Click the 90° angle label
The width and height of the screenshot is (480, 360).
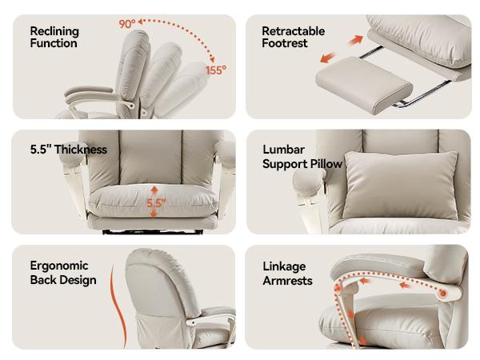pos(127,24)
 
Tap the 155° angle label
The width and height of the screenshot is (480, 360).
pos(216,70)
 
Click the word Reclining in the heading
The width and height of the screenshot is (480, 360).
pos(54,31)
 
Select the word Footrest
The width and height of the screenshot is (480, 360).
pos(284,43)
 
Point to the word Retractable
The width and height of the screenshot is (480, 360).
pos(294,31)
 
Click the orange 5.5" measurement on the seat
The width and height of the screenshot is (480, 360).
pos(156,203)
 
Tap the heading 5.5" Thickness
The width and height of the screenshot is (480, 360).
pos(69,150)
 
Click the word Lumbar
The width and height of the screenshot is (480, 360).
pos(283,150)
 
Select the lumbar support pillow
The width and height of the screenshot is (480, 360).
pos(401,185)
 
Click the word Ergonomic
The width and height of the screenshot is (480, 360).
pos(59,266)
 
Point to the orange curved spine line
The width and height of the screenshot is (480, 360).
pos(118,306)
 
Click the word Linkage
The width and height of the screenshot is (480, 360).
pos(284,266)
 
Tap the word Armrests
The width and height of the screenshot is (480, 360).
pos(287,281)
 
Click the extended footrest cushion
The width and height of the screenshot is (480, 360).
pos(364,84)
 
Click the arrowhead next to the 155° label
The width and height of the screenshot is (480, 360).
pos(212,59)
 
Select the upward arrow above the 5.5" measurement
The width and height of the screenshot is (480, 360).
pos(154,190)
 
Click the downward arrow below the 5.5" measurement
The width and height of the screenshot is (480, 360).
pos(154,214)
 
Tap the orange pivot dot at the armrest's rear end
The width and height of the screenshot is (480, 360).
pos(443,294)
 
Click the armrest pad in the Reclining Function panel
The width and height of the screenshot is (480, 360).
pos(89,91)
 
